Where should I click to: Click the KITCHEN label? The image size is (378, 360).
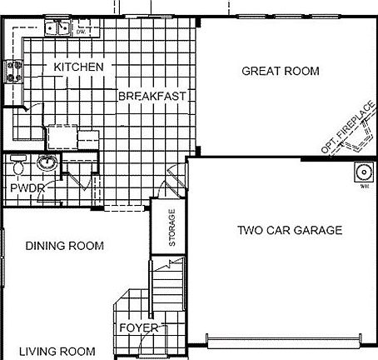78,67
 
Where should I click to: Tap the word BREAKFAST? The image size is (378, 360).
151,96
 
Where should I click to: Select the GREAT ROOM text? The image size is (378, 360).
280,71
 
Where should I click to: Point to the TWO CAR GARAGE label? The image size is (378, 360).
289,230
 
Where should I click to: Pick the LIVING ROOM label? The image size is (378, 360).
57,351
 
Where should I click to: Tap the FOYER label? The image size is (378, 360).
138,327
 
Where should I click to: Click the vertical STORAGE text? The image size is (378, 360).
172,226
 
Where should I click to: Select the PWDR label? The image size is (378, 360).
27,188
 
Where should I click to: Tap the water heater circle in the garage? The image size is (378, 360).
364,173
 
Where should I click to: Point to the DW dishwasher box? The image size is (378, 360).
81,31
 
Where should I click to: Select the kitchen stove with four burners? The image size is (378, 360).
13,72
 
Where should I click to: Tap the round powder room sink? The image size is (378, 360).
48,162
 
